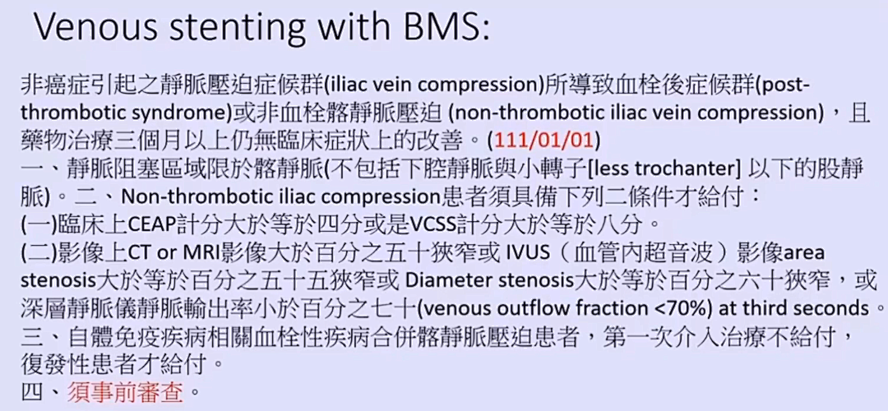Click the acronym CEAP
pos(152,224)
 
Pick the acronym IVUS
pos(527,253)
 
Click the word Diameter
pos(449,281)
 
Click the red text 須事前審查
pos(126,391)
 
